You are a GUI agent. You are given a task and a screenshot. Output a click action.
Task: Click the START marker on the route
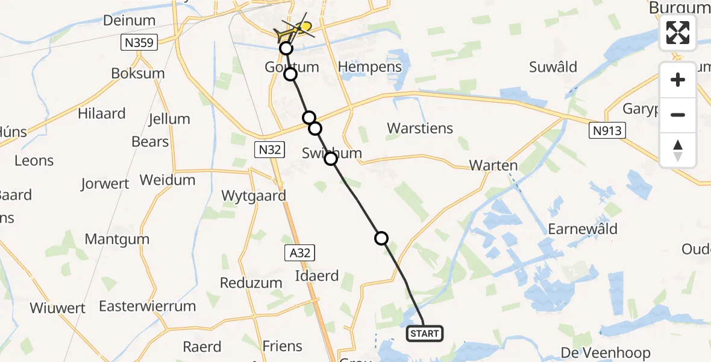(425, 333)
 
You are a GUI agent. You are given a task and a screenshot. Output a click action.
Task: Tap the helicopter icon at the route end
(295, 29)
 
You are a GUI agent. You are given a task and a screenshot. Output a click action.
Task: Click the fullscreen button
(678, 33)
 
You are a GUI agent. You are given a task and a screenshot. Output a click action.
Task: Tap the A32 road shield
(299, 253)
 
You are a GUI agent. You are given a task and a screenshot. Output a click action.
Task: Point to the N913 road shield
(606, 130)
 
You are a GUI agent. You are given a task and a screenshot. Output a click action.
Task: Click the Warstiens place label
(420, 129)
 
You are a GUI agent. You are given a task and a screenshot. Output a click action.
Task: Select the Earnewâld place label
(583, 229)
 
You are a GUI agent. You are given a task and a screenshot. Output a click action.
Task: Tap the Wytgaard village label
(254, 195)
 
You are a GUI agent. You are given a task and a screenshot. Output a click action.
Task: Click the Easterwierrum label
(148, 306)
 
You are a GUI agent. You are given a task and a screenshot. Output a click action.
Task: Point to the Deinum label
(129, 21)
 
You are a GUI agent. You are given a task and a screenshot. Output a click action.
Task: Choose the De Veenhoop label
(605, 353)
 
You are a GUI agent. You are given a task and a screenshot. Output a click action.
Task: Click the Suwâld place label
(553, 67)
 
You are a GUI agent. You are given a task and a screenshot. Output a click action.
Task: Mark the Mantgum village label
(117, 239)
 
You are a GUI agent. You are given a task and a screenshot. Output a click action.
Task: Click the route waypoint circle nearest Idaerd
(381, 238)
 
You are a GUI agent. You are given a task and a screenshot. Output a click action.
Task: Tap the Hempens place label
(371, 66)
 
